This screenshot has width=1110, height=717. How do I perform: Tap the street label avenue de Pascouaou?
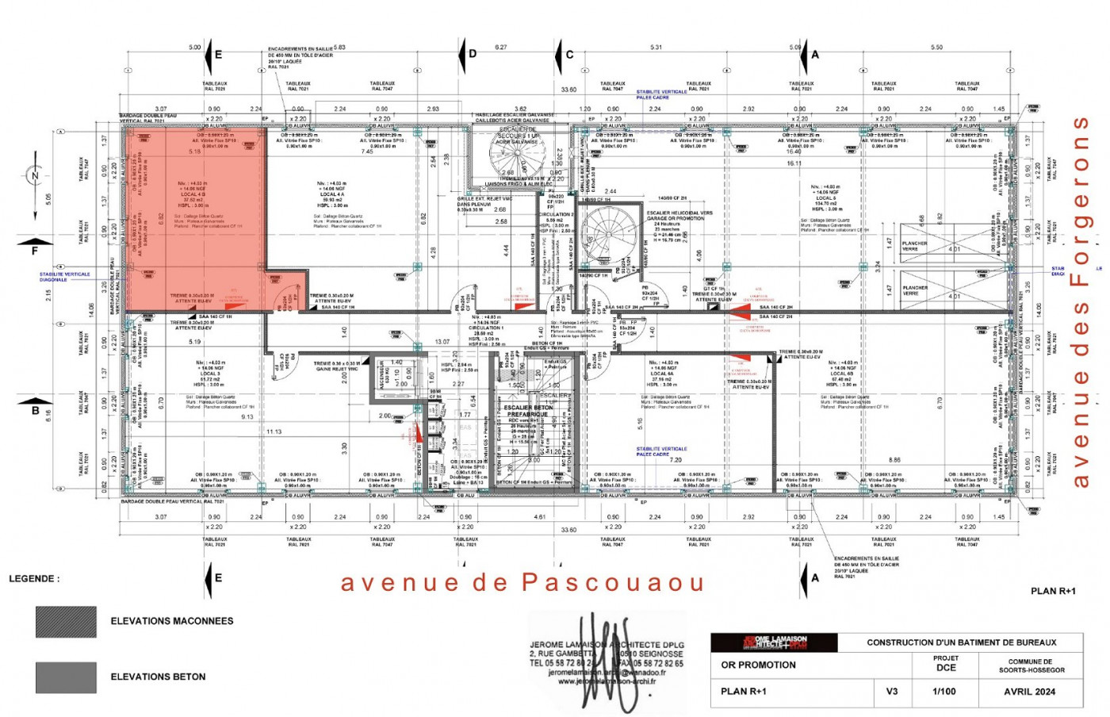pyautogui.click(x=522, y=583)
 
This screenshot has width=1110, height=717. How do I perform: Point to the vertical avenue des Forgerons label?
pyautogui.click(x=1080, y=301)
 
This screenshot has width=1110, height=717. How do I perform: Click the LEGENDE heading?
pyautogui.click(x=34, y=579)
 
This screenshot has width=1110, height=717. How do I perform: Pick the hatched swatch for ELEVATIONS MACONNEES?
pyautogui.click(x=66, y=622)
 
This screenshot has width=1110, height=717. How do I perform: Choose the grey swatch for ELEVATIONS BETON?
pyautogui.click(x=66, y=677)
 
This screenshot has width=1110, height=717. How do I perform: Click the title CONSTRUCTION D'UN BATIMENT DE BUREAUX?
pyautogui.click(x=961, y=642)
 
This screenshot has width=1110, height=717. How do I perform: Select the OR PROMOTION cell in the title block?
pyautogui.click(x=758, y=665)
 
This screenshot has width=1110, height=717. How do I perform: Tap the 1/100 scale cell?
pyautogui.click(x=943, y=692)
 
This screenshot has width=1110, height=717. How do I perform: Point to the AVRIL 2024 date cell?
pyautogui.click(x=1029, y=692)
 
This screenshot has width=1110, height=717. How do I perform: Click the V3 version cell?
pyautogui.click(x=892, y=692)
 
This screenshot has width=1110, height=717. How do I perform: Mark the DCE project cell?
pyautogui.click(x=945, y=664)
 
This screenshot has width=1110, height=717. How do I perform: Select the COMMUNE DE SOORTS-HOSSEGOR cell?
pyautogui.click(x=1031, y=665)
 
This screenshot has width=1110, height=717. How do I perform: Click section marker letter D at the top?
pyautogui.click(x=473, y=54)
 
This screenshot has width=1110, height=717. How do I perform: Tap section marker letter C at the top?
pyautogui.click(x=569, y=55)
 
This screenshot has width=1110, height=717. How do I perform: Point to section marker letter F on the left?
pyautogui.click(x=34, y=251)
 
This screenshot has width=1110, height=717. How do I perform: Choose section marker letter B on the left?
pyautogui.click(x=35, y=411)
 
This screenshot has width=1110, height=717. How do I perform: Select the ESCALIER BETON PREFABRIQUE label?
pyautogui.click(x=529, y=411)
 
